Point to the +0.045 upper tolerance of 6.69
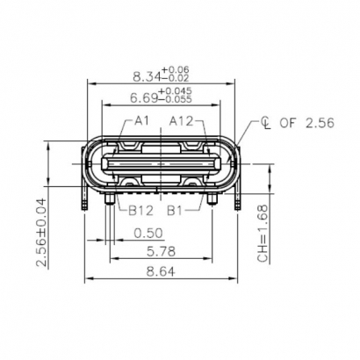[176, 90]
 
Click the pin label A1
[142, 120]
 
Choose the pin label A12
[182, 120]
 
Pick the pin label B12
[141, 211]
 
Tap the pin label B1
[176, 211]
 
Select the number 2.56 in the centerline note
[318, 124]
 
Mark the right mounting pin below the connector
[214, 204]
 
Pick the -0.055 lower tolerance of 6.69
[176, 100]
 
